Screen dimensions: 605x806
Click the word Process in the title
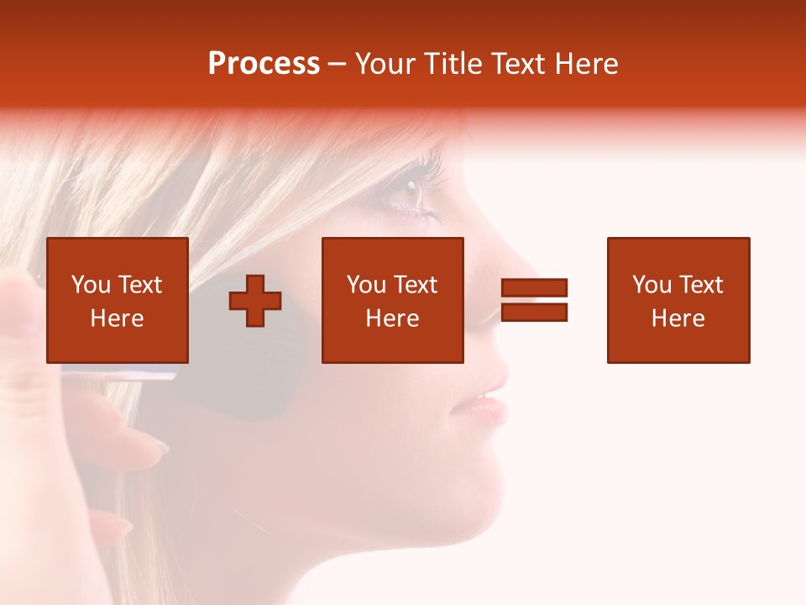click(264, 64)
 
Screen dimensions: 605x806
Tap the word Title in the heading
click(449, 64)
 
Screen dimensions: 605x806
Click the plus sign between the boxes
click(255, 301)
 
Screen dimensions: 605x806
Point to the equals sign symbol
click(534, 300)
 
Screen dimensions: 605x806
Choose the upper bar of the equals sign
click(534, 288)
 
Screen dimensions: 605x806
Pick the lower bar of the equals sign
click(534, 312)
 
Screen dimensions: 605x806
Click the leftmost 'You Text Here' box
click(118, 300)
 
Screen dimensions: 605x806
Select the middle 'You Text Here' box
click(393, 300)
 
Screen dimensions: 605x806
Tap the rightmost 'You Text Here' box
click(678, 300)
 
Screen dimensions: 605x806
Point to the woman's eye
click(409, 193)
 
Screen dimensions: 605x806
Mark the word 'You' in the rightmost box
click(652, 285)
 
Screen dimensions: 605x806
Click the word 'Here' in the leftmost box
click(118, 318)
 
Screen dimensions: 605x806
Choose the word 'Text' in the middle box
click(416, 285)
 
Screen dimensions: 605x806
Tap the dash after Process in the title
click(338, 65)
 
